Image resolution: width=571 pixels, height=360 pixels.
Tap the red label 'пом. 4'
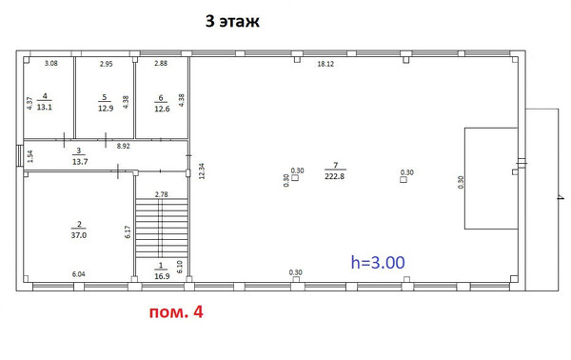click(174, 311)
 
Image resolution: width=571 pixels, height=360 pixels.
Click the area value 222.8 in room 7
click(333, 176)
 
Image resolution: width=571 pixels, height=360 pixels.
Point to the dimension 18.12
click(325, 64)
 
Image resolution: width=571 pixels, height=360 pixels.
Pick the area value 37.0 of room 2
click(77, 234)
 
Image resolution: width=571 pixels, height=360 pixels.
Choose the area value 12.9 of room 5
click(106, 107)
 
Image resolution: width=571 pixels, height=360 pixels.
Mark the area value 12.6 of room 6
click(161, 107)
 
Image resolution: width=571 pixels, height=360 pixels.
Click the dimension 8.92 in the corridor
click(124, 147)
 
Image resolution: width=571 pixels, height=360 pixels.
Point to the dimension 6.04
click(80, 274)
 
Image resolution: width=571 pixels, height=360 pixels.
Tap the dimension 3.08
click(52, 63)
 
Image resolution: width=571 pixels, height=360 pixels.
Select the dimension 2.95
click(107, 63)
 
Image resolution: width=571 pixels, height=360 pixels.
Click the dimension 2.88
click(161, 63)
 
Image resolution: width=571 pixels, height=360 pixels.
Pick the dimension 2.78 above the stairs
click(162, 194)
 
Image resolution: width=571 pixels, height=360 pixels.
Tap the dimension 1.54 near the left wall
click(30, 155)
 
